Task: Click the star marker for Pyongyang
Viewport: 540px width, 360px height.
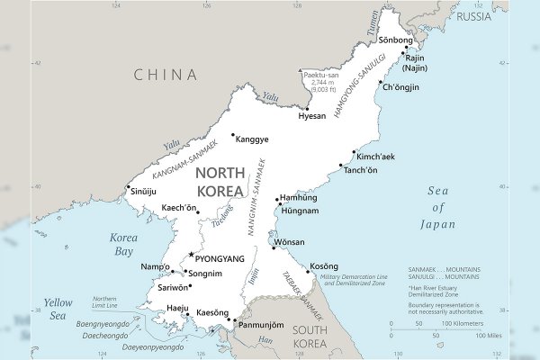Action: tap(190, 256)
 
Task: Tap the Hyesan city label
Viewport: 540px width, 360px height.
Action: tap(312, 116)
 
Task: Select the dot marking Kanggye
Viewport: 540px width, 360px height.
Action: tap(233, 136)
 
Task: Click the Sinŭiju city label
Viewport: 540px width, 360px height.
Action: tap(143, 192)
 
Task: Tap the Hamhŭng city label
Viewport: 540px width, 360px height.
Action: tap(299, 197)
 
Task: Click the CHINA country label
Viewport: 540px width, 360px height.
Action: tap(166, 75)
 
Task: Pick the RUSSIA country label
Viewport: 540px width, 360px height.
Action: tap(473, 16)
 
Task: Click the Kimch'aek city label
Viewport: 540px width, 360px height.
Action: tap(376, 156)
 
